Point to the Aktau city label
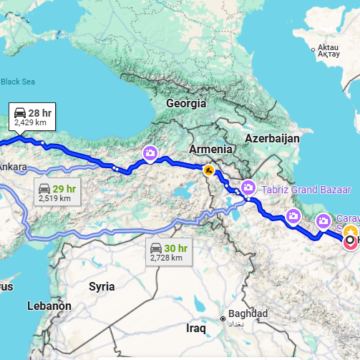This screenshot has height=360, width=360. (328, 49)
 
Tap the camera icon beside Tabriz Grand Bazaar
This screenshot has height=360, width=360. (248, 186)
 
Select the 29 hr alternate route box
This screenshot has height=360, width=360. (57, 193)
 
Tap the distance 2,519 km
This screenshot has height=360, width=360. (56, 199)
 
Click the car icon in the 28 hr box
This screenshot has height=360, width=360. (19, 112)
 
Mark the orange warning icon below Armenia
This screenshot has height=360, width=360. (209, 171)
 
